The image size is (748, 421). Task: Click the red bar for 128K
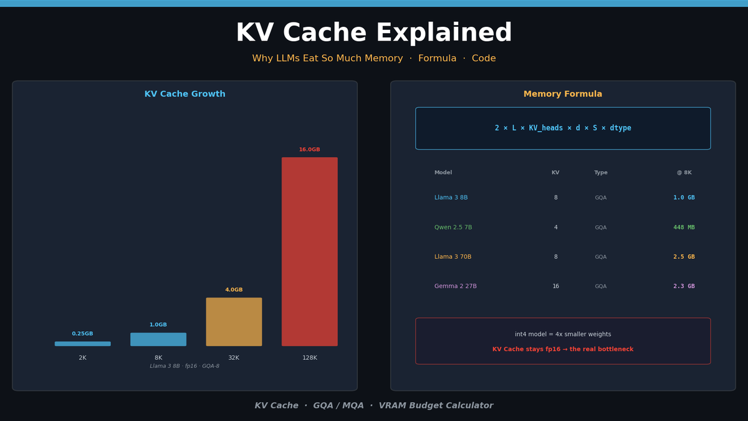(309, 251)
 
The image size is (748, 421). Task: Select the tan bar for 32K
(234, 322)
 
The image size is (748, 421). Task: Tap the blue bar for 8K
(158, 339)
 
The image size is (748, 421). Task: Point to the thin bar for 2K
(82, 344)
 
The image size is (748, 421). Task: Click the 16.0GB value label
(309, 150)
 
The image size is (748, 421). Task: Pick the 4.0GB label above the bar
(234, 290)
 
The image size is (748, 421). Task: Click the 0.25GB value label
(82, 334)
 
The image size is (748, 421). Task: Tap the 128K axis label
(309, 358)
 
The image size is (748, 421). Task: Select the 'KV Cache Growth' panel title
(185, 94)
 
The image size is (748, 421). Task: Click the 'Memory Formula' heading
(563, 94)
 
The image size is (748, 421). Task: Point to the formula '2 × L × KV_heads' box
(563, 128)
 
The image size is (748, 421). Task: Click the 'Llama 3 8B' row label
(451, 198)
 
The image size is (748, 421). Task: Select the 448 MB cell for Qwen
(684, 228)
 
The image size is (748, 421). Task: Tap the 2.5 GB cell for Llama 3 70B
(684, 257)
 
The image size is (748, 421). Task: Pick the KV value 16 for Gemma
(555, 286)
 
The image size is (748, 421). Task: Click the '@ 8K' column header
(684, 173)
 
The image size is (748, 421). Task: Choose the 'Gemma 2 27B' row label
(455, 286)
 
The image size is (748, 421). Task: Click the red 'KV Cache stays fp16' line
(563, 349)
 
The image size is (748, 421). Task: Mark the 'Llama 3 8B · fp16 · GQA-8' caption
(185, 366)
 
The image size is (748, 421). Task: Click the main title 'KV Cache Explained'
(374, 34)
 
